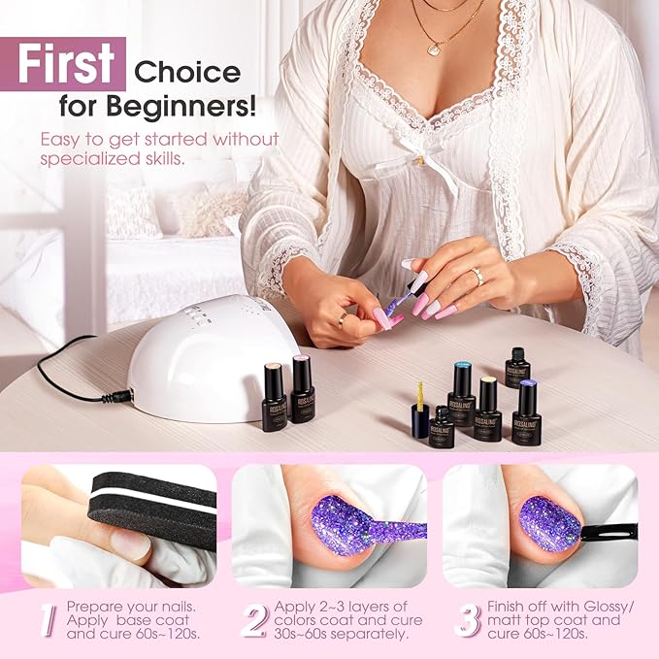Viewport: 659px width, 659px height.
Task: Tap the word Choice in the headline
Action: coord(187,72)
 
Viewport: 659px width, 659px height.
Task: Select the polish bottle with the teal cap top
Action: coord(461,394)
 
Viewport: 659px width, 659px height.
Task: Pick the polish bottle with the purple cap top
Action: coord(527,410)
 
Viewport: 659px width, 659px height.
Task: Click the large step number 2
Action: coord(253,620)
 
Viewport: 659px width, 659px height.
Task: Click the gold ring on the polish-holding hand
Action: coord(343,318)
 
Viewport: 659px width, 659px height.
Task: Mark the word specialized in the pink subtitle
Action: coord(86,158)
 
